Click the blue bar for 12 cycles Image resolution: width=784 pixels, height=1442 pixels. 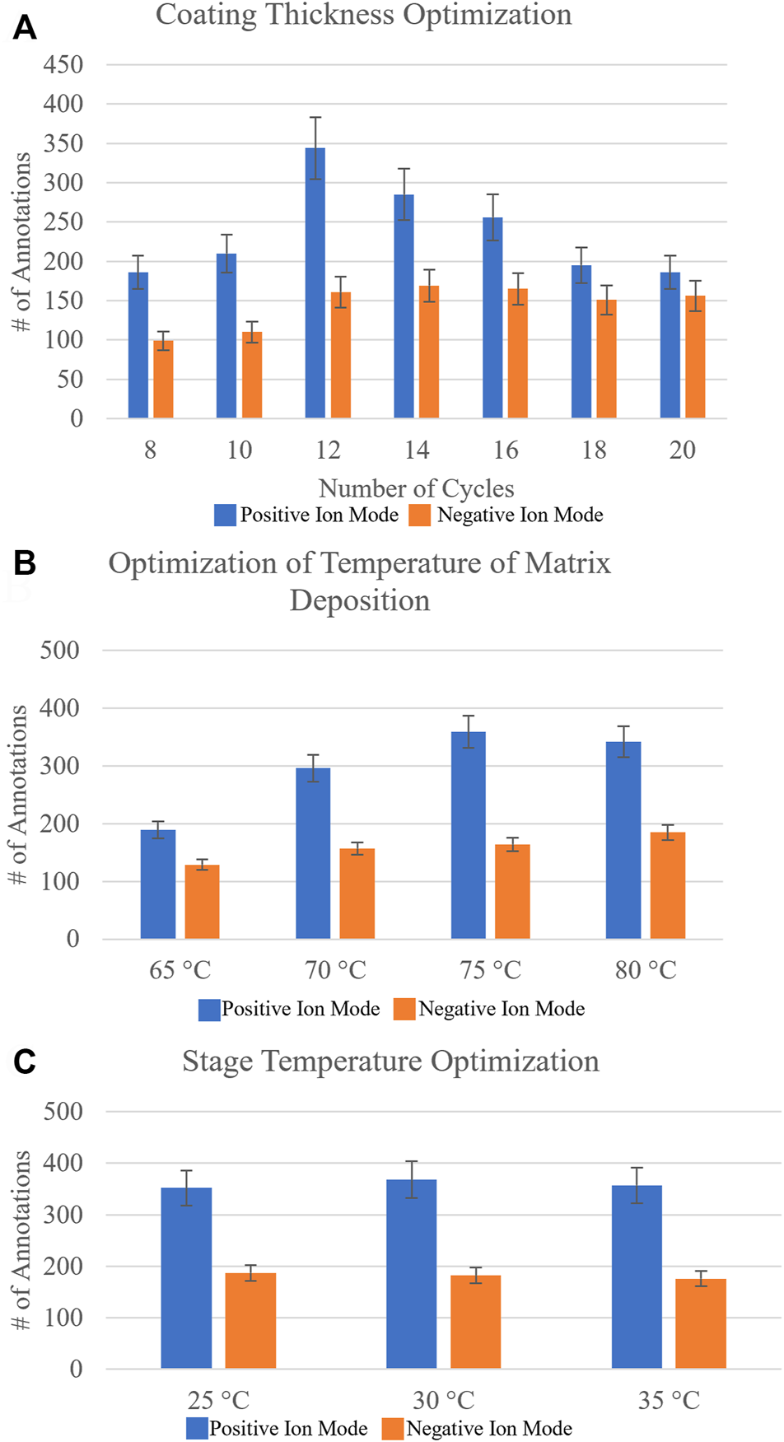point(315,284)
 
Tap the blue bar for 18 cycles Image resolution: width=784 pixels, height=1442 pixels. point(581,342)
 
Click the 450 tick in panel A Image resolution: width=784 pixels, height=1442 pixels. point(63,64)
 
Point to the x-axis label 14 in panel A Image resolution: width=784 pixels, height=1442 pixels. point(417,450)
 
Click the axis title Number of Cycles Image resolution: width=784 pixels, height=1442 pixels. point(416,488)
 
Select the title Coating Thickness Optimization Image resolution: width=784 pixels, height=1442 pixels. point(363,15)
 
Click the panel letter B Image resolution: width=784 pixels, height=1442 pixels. point(25,563)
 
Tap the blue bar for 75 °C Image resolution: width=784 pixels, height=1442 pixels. point(469,835)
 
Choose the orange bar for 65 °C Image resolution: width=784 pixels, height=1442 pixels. point(202,902)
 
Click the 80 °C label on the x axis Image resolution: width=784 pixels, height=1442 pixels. point(646,970)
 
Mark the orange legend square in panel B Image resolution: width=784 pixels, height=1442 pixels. point(404,1009)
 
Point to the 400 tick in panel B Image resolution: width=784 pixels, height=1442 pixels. point(59,707)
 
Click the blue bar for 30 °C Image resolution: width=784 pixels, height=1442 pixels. point(411,1274)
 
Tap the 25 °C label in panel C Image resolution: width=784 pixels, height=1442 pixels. point(218,1399)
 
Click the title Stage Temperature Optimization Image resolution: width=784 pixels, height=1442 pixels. point(390,1062)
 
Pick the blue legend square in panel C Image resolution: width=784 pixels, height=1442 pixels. point(197,1428)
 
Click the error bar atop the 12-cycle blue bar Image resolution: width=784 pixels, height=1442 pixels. point(315,148)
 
